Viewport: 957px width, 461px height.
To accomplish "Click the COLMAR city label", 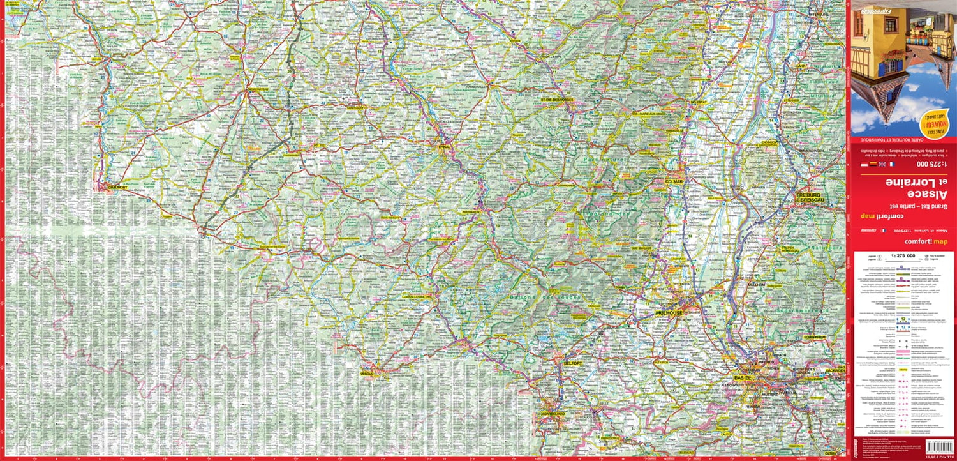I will [x=674, y=181].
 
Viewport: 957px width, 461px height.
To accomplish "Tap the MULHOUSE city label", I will [x=669, y=314].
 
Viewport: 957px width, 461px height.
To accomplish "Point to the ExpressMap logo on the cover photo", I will [x=875, y=11].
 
